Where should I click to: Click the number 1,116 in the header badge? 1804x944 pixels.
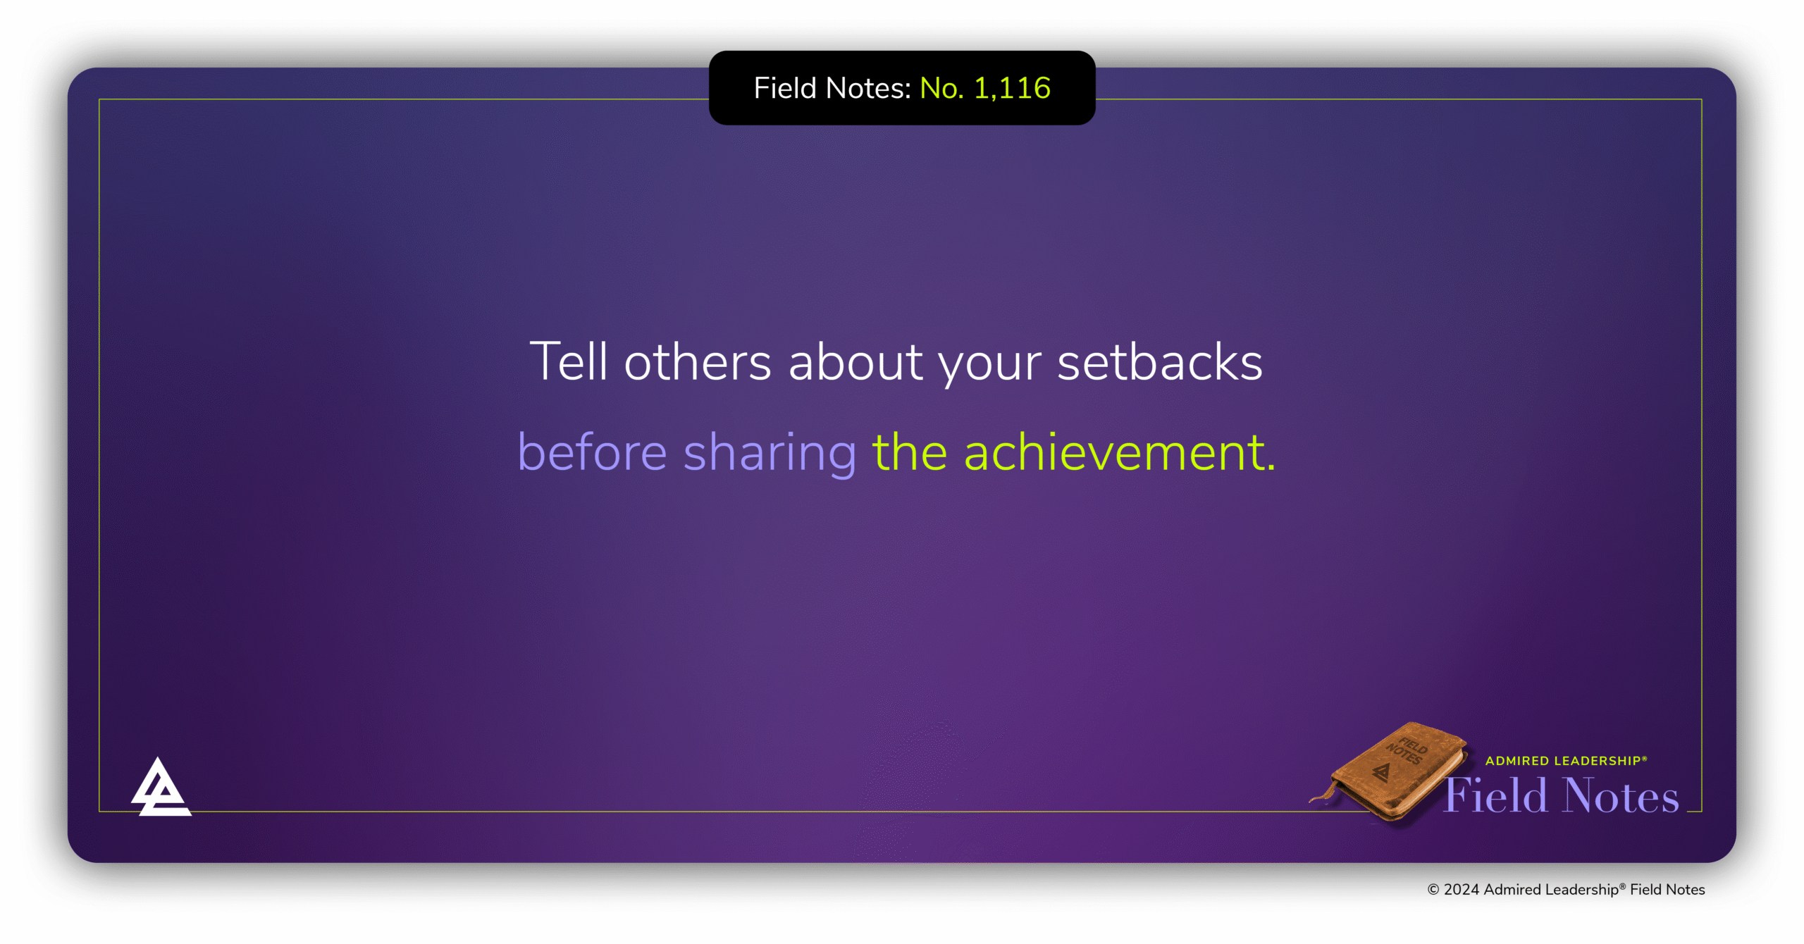pyautogui.click(x=1012, y=89)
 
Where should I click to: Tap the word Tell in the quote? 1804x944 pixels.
pyautogui.click(x=568, y=362)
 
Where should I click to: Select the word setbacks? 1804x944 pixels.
pyautogui.click(x=1159, y=362)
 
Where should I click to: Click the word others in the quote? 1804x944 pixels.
pyautogui.click(x=698, y=362)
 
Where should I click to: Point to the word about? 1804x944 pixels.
pyautogui.click(x=855, y=362)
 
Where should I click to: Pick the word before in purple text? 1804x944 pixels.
pyautogui.click(x=592, y=452)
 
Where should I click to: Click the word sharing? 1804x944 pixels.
pyautogui.click(x=770, y=454)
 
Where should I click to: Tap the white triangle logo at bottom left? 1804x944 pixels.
pyautogui.click(x=161, y=789)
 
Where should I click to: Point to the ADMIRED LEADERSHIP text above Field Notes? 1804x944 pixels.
pyautogui.click(x=1565, y=761)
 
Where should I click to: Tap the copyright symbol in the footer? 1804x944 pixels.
pyautogui.click(x=1433, y=890)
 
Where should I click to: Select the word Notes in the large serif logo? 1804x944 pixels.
pyautogui.click(x=1620, y=796)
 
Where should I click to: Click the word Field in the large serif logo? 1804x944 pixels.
pyautogui.click(x=1495, y=796)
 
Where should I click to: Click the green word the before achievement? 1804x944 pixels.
pyautogui.click(x=909, y=452)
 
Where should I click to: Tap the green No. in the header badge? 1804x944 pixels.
pyautogui.click(x=941, y=89)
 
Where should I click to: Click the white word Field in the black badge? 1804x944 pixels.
pyautogui.click(x=784, y=89)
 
